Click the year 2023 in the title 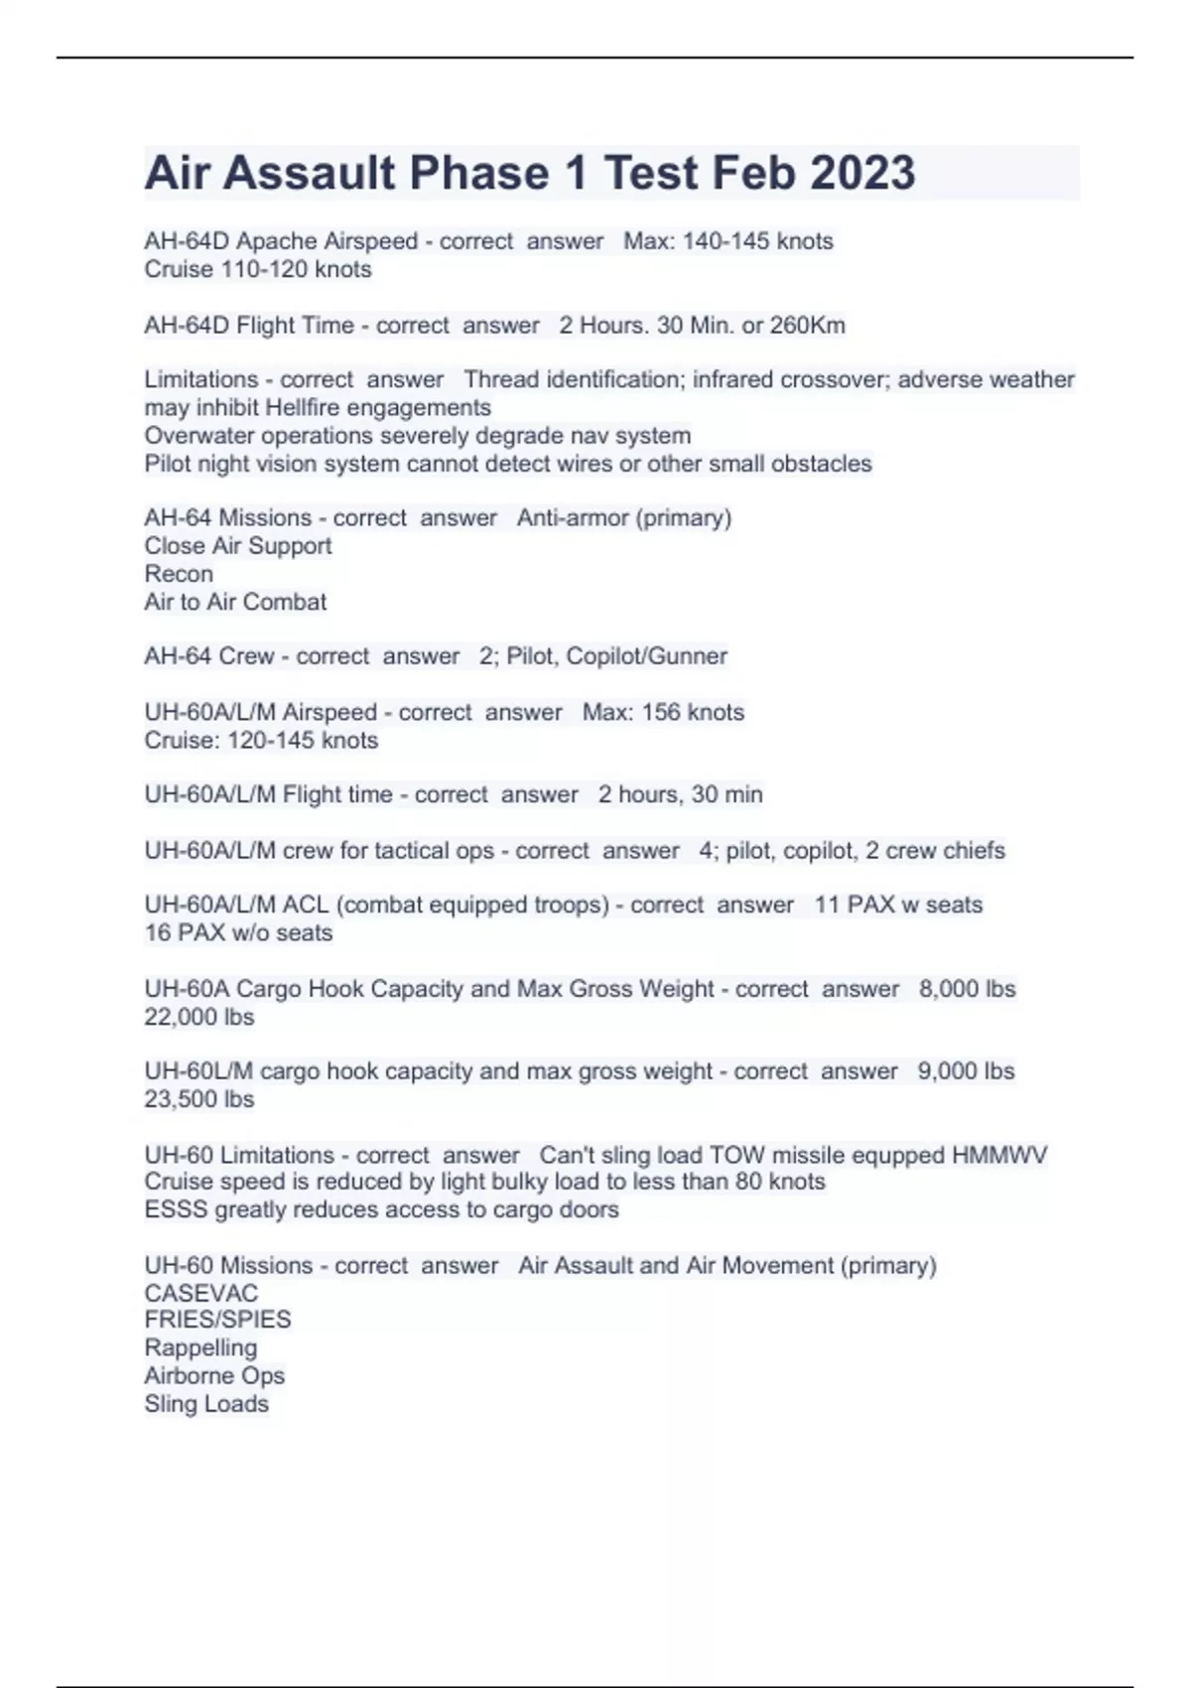[x=861, y=173]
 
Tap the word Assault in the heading [x=309, y=173]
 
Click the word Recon [x=179, y=574]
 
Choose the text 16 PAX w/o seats [x=238, y=933]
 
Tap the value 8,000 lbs [x=967, y=989]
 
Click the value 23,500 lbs [x=198, y=1099]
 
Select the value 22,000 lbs [x=198, y=1017]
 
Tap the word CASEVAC [x=200, y=1294]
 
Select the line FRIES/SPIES [x=217, y=1320]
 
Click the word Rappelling [x=200, y=1347]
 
